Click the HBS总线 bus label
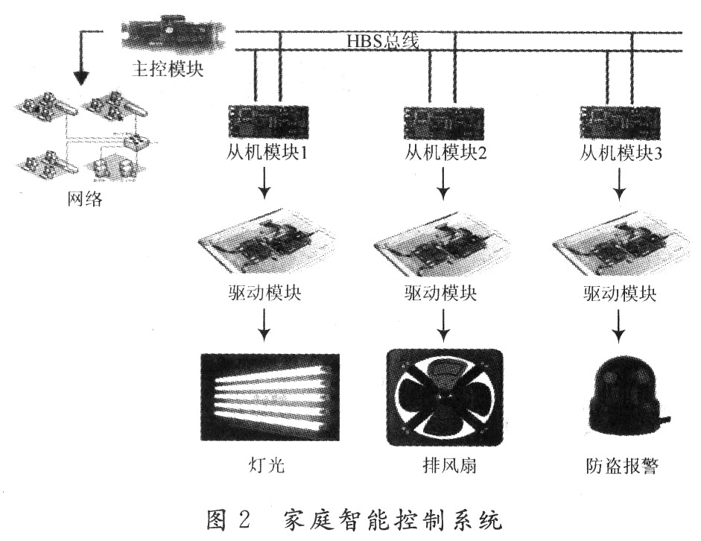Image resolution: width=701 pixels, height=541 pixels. (382, 40)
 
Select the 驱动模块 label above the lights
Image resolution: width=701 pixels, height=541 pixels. (264, 292)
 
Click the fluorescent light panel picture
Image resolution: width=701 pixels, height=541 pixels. (270, 397)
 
